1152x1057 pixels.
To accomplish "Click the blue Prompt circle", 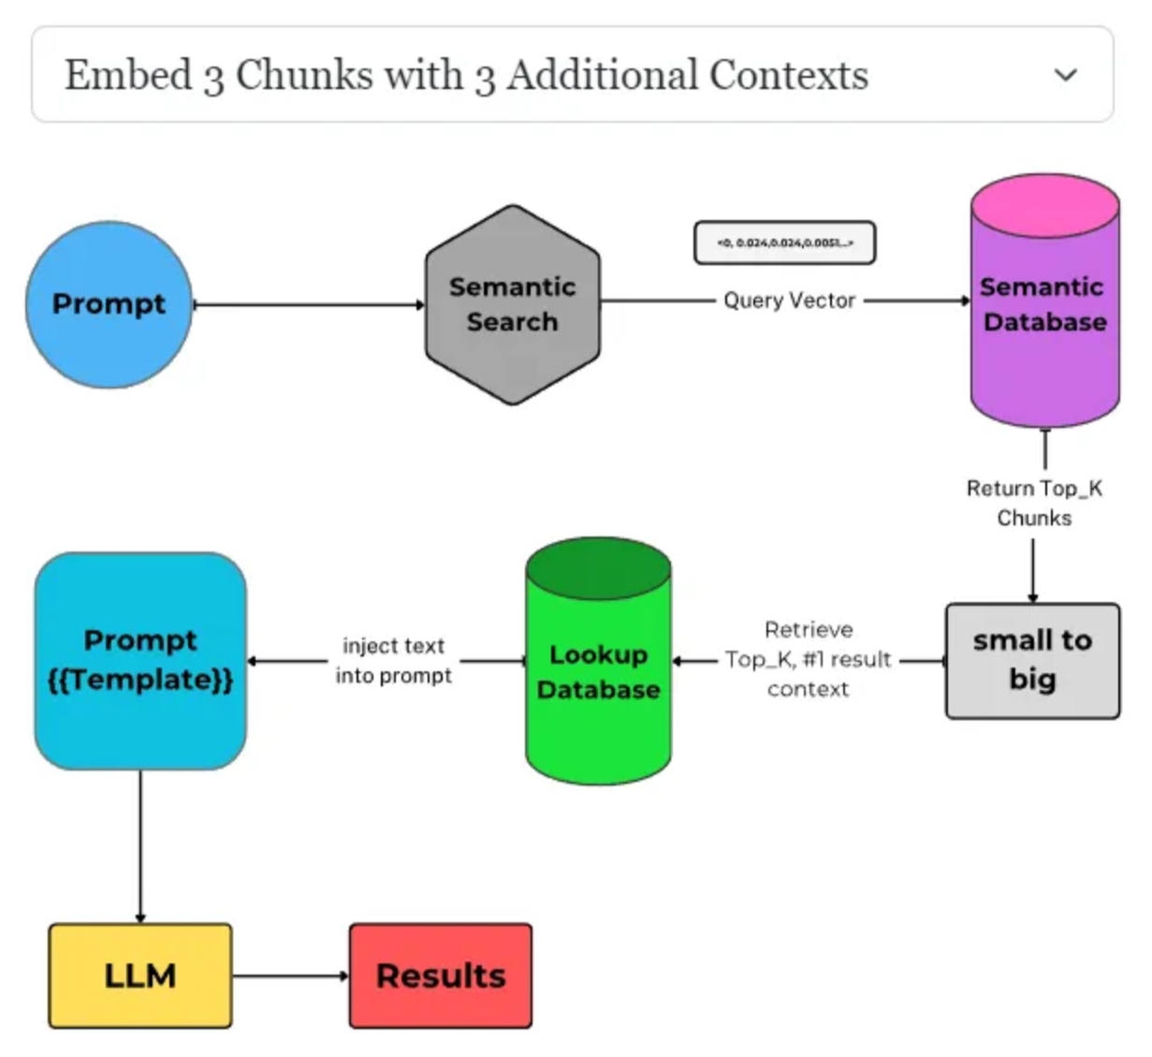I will click(x=109, y=304).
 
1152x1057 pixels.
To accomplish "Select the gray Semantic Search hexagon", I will click(x=512, y=305).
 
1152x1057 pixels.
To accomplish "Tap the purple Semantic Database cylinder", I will click(x=1044, y=318).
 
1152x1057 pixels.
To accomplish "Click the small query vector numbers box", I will click(x=784, y=243).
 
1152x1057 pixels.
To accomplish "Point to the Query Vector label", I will click(x=789, y=301).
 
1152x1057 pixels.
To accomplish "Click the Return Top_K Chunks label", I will click(x=1034, y=503).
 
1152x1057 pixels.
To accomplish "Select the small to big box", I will click(x=1032, y=661).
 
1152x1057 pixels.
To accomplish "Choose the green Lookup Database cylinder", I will click(x=598, y=672).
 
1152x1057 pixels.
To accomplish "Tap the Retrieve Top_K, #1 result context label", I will click(x=809, y=659).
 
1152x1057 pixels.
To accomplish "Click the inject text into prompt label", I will click(x=394, y=661).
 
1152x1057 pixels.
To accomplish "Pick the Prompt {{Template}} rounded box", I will click(x=140, y=661).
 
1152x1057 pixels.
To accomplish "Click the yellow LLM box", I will click(x=140, y=976).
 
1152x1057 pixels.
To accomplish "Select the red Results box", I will click(x=441, y=976).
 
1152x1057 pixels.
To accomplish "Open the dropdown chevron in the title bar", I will click(x=1066, y=75).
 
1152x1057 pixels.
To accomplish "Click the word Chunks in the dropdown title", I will click(x=304, y=75).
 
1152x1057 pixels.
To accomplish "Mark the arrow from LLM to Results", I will click(x=290, y=976).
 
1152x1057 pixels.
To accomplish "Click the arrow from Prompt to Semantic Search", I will click(x=309, y=304).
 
